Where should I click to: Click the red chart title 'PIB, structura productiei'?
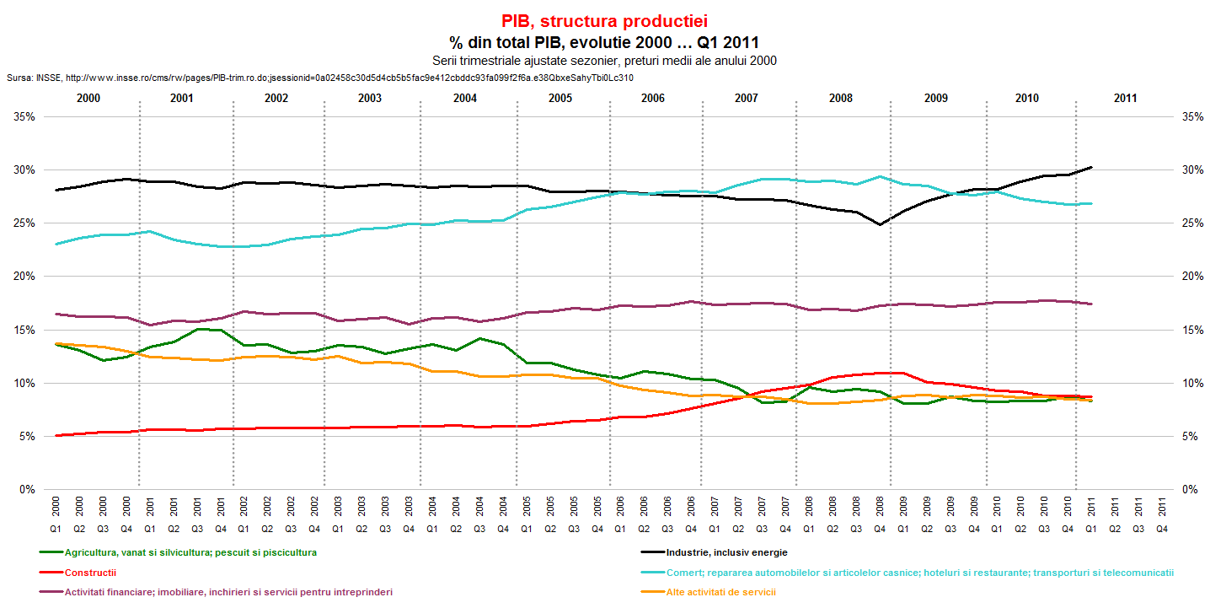[604, 21]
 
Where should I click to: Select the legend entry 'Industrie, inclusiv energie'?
[726, 552]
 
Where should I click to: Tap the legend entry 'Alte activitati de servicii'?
[720, 592]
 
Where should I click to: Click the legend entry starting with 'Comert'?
[919, 573]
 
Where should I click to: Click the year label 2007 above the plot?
[746, 99]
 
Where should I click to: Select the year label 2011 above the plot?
[1124, 99]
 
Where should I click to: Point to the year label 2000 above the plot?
[88, 99]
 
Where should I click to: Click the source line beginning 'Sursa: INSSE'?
[319, 78]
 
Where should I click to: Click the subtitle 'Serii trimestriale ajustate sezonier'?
[604, 61]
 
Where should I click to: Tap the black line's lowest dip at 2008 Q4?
[880, 224]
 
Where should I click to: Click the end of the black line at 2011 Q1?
[1091, 167]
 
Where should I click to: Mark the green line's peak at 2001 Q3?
[197, 329]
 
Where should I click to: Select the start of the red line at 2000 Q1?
[56, 435]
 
